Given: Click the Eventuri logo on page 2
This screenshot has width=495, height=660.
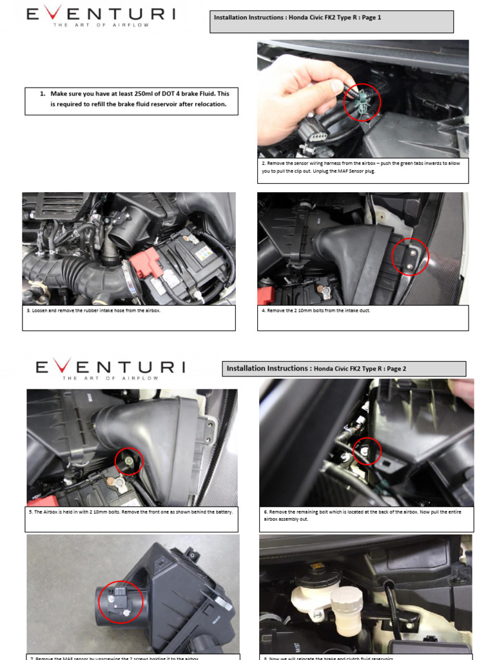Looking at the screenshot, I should pyautogui.click(x=110, y=367).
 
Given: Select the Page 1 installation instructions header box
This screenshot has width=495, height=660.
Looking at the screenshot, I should pyautogui.click(x=333, y=21).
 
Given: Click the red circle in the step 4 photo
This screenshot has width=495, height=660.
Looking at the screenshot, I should pyautogui.click(x=410, y=257).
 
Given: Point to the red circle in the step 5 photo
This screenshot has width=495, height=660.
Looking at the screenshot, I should pyautogui.click(x=128, y=461).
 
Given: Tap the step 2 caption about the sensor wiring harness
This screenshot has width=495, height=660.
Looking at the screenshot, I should pyautogui.click(x=362, y=168).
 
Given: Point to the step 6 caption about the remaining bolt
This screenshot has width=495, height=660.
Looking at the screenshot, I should pyautogui.click(x=366, y=515).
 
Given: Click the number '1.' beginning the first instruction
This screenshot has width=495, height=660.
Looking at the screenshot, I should pyautogui.click(x=43, y=93).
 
